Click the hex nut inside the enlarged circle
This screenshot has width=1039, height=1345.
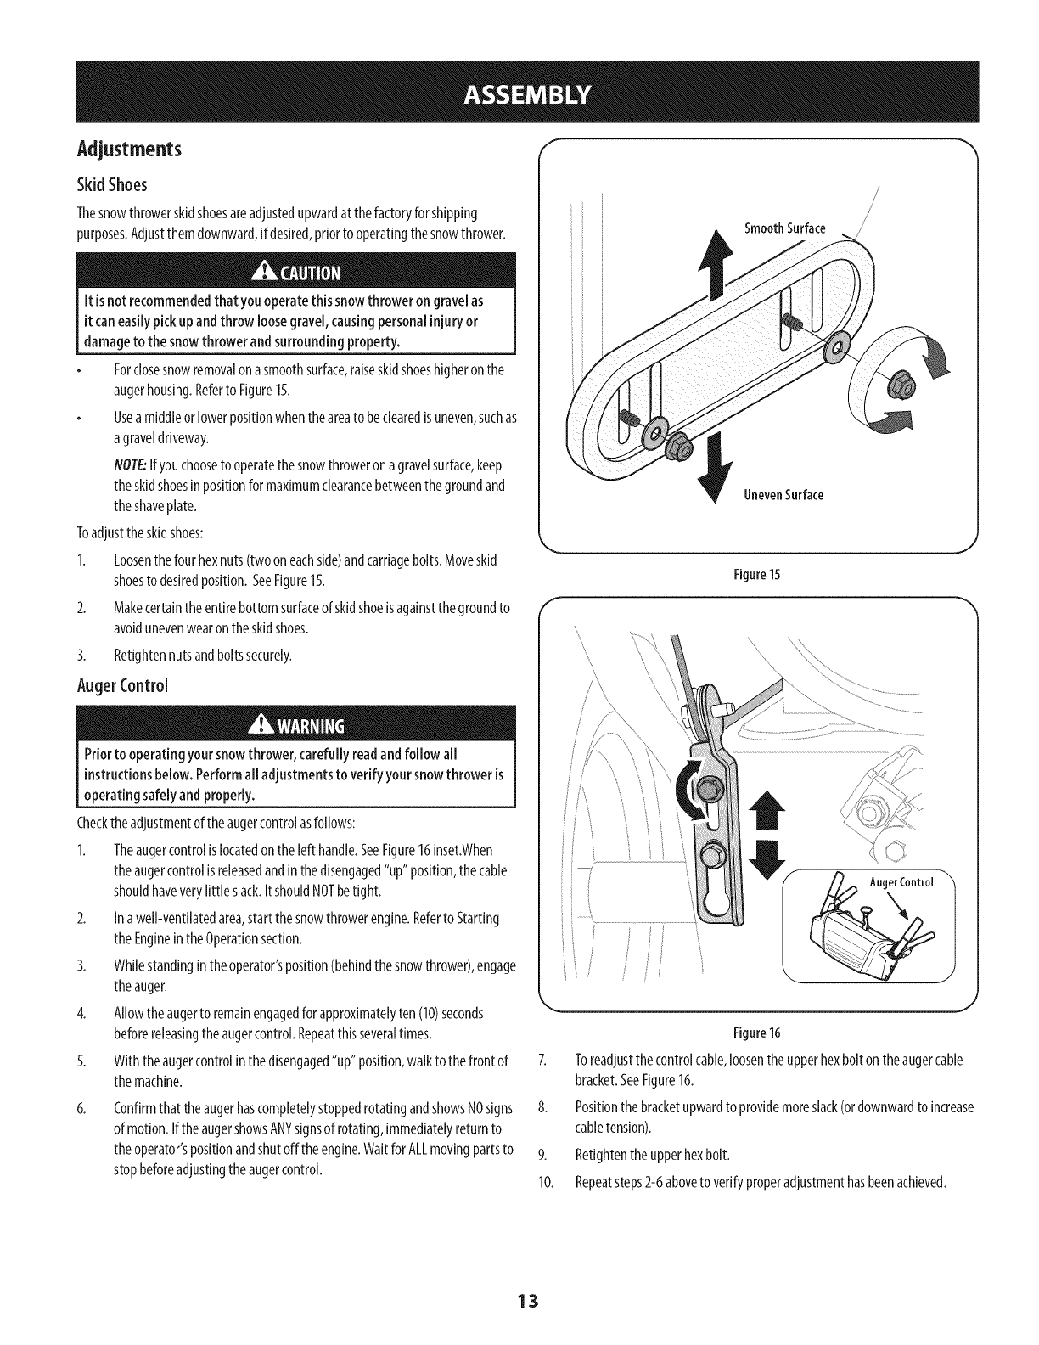pos(895,387)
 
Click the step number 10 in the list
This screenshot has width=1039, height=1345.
pos(546,1183)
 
